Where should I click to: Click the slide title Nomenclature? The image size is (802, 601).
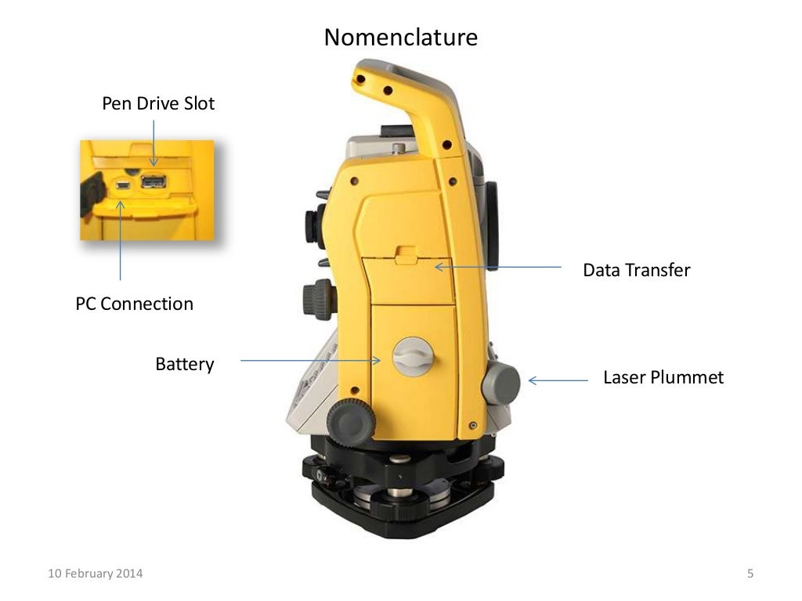click(400, 37)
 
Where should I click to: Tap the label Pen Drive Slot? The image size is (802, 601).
click(158, 103)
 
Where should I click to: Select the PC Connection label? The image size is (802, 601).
click(134, 304)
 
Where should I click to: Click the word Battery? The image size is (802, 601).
click(184, 364)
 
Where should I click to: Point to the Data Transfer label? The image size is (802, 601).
click(636, 271)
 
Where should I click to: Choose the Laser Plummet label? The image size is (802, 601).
click(663, 378)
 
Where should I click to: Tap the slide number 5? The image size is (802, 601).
click(750, 574)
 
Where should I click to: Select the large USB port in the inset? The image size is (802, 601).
click(154, 182)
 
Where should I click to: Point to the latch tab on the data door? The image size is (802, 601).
click(406, 254)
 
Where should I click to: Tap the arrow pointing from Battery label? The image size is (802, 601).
click(310, 361)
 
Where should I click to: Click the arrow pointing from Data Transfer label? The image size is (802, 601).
click(498, 267)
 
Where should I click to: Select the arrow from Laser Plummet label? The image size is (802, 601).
click(558, 381)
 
